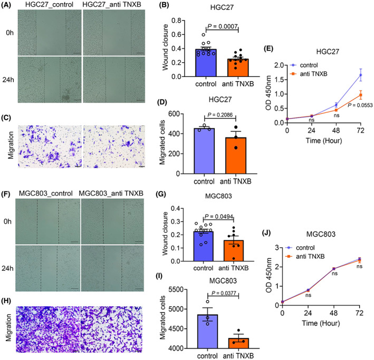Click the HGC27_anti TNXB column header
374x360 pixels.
[117, 8]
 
